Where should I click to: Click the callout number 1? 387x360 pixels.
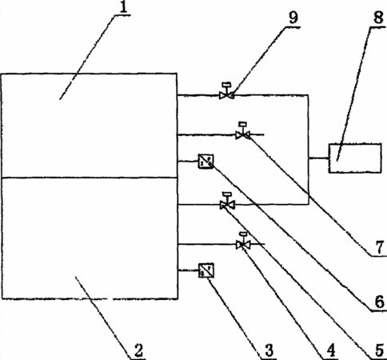tap(123, 7)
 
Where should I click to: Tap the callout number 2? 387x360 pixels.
tap(138, 350)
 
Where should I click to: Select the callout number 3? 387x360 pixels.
tap(269, 350)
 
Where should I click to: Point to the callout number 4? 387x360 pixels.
tap(331, 350)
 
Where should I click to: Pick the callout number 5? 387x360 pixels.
tap(379, 350)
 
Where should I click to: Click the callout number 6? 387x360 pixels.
tap(380, 302)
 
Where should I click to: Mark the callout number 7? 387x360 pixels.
tap(380, 247)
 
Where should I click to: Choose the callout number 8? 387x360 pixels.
tap(379, 18)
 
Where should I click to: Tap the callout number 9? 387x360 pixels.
tap(293, 18)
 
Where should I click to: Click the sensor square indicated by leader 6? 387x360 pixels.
tap(205, 162)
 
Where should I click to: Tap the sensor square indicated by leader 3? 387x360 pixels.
tap(206, 270)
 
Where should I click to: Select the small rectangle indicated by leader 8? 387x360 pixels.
tap(355, 158)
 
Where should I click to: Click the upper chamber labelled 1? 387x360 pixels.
tap(90, 126)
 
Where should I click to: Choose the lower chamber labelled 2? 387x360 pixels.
tap(90, 238)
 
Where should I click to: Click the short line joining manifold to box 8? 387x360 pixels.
tap(319, 158)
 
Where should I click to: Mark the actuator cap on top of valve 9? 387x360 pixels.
tap(227, 84)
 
